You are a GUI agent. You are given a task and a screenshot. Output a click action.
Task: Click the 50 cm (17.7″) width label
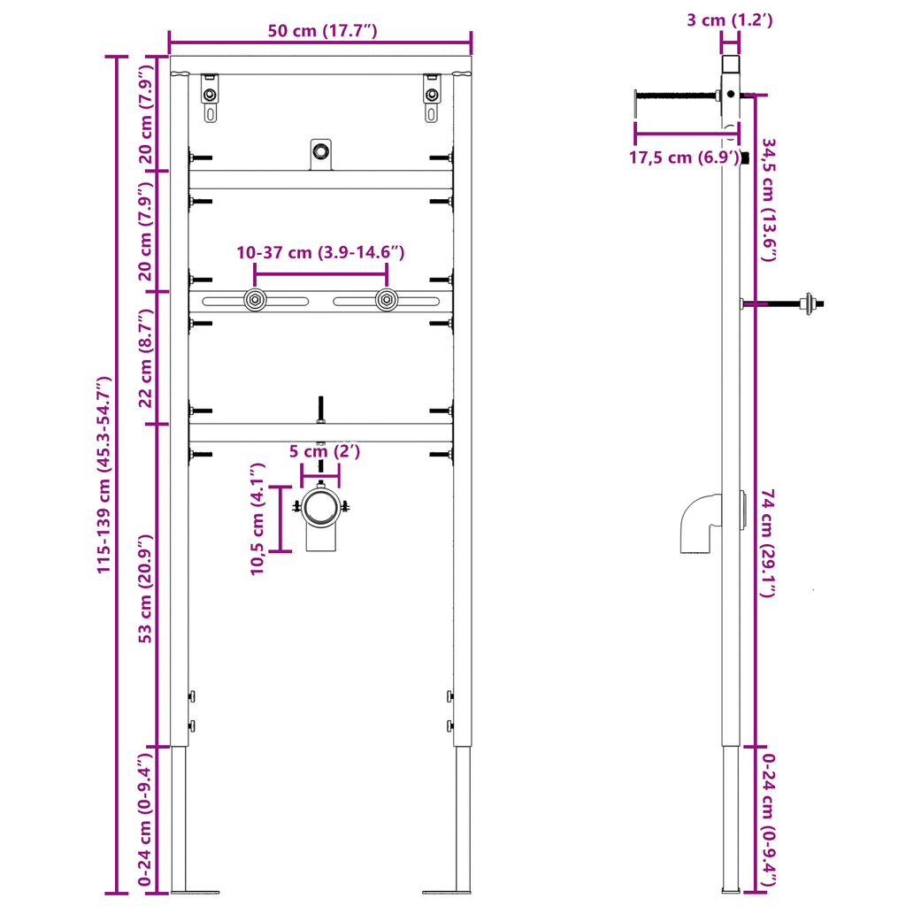(x=323, y=31)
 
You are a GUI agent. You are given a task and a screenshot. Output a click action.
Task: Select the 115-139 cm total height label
(x=104, y=475)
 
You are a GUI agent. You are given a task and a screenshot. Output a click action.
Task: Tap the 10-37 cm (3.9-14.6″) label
(x=320, y=253)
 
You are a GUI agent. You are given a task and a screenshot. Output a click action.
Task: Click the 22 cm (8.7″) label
(x=147, y=358)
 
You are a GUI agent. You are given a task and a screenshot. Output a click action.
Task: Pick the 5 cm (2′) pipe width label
(x=326, y=451)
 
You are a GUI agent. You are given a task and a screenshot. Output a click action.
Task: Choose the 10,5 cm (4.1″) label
(x=257, y=518)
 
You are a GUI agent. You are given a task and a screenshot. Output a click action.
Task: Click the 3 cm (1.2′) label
(x=730, y=20)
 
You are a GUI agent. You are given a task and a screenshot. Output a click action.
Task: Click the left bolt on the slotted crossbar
(x=255, y=301)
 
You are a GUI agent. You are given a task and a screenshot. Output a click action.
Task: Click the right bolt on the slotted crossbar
(x=385, y=301)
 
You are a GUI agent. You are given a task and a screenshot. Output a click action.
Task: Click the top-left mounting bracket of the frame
(x=210, y=98)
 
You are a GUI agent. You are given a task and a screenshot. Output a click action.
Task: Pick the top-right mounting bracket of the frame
(x=431, y=98)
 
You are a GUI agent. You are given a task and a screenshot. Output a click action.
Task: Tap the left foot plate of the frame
(x=194, y=890)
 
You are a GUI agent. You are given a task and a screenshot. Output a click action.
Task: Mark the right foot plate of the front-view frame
(x=447, y=890)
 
